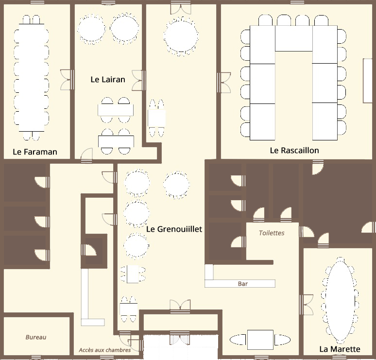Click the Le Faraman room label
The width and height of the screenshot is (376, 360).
click(35, 152)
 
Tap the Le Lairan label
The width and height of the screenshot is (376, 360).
click(108, 79)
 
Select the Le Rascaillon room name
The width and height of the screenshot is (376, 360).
click(294, 151)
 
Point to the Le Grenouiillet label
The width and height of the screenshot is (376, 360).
click(174, 229)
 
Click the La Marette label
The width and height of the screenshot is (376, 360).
click(340, 349)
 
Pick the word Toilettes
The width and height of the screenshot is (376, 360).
click(272, 233)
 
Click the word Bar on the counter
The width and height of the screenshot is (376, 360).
click(243, 284)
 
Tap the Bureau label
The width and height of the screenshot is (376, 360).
click(36, 337)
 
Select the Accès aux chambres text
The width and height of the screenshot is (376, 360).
click(105, 350)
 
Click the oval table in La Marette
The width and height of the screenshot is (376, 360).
click(340, 300)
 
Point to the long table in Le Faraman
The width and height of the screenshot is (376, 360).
click(32, 77)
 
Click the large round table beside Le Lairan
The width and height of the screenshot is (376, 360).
click(181, 36)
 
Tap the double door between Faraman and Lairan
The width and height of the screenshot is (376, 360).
click(67, 80)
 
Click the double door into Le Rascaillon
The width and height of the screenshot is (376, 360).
click(224, 83)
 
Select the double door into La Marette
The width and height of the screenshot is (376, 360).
click(306, 305)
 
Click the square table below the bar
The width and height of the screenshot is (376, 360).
click(260, 340)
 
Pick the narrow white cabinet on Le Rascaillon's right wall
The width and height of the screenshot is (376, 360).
click(367, 81)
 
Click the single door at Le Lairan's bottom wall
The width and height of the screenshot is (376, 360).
click(86, 155)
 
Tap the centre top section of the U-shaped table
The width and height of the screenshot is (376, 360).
click(294, 38)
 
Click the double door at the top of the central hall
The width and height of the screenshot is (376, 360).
click(181, 8)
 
